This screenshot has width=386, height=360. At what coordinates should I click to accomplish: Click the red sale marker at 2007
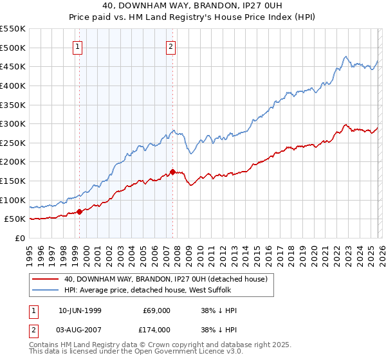(172, 172)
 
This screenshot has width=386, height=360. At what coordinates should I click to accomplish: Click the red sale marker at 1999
(79, 212)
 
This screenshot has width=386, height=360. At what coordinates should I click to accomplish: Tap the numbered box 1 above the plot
(78, 46)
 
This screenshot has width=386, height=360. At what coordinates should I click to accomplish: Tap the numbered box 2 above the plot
(171, 46)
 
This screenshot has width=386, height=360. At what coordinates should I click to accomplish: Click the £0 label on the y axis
(19, 238)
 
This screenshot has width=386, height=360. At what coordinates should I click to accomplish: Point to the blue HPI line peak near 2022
(345, 56)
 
